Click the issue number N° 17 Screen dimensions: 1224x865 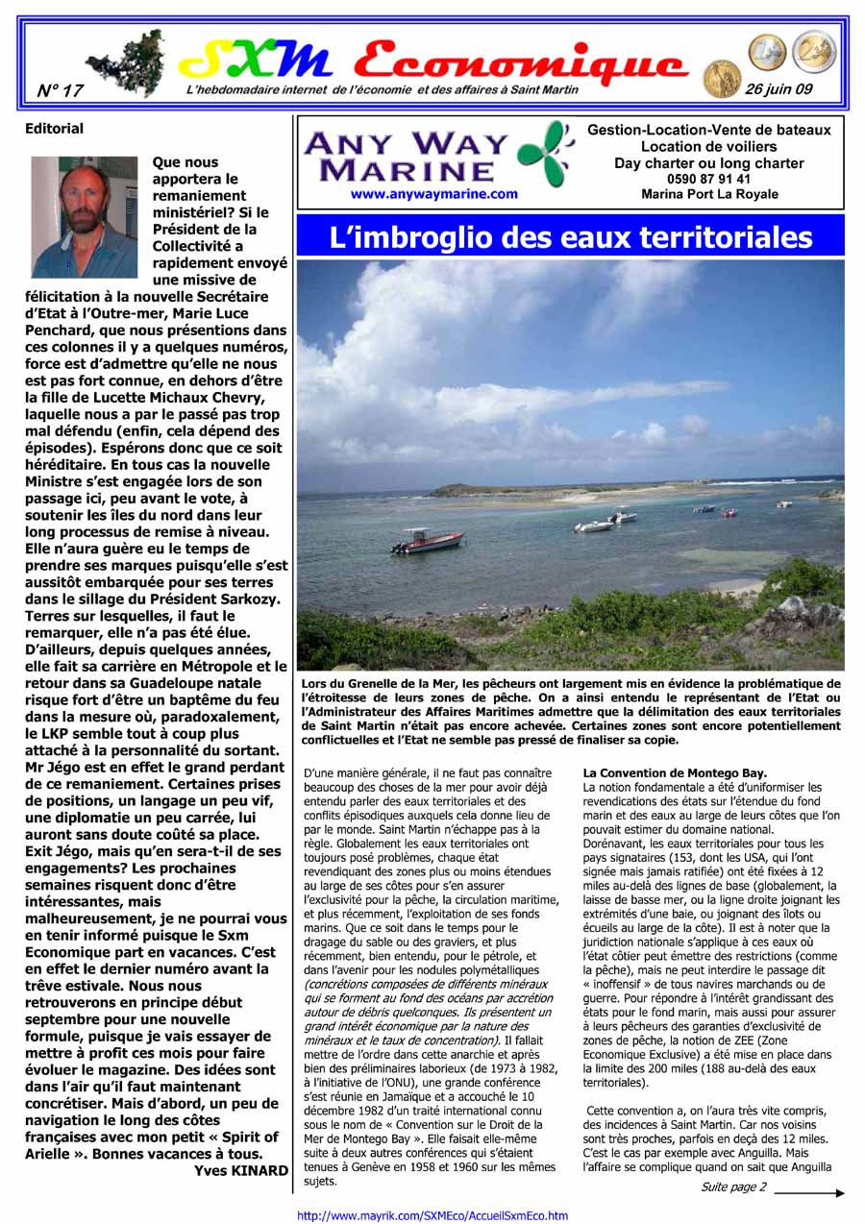coord(60,90)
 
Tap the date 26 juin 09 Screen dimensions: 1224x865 coord(778,89)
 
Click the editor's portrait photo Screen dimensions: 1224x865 coord(85,217)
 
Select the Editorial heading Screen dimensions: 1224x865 coord(54,129)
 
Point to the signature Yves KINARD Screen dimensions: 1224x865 coord(240,1170)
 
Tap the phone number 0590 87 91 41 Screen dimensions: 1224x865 coord(709,179)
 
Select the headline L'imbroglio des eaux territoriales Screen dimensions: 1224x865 coord(570,237)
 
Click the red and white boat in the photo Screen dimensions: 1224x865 coord(428,542)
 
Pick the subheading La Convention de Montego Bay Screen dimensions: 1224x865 coord(675,772)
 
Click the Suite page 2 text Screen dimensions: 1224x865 coord(733,1187)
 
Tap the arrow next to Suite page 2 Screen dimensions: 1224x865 coord(809,1192)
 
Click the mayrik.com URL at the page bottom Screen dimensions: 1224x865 coord(432,1215)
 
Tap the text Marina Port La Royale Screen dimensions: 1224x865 coord(709,194)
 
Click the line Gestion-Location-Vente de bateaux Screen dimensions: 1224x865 coord(709,130)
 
